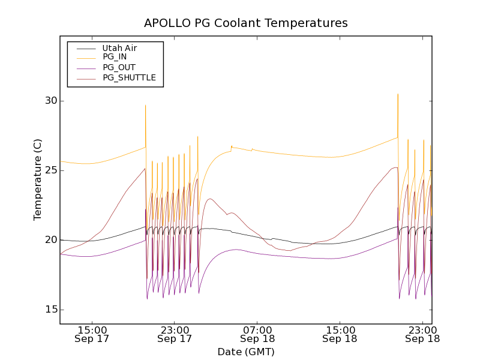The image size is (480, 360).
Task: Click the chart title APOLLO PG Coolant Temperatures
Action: point(245,23)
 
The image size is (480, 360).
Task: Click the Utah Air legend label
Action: point(119,48)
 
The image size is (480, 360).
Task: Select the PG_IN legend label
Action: point(115,57)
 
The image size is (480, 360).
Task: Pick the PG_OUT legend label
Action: point(119,67)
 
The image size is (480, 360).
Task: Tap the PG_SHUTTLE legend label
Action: point(129,77)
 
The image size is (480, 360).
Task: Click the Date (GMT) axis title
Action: point(245,352)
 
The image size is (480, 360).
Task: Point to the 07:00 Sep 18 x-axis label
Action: point(257,334)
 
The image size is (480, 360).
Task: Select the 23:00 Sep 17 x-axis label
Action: point(174,334)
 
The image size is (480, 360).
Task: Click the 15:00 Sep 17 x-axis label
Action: point(92,334)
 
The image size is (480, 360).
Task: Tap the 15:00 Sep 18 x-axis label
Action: point(340,334)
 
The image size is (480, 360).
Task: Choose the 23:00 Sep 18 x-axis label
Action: point(422,334)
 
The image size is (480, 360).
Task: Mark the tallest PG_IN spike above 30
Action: point(397,94)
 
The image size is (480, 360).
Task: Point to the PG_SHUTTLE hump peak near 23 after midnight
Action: point(210,199)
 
